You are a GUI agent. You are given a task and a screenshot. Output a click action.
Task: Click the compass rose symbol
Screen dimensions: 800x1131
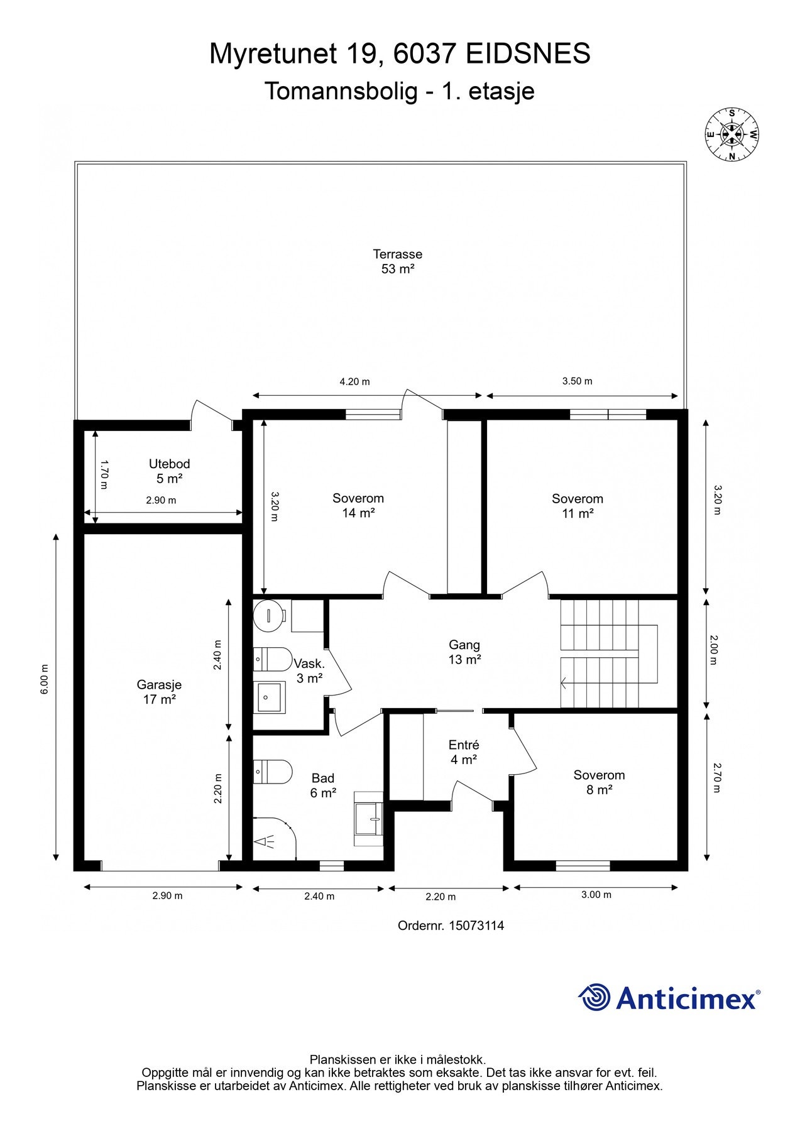[x=731, y=134]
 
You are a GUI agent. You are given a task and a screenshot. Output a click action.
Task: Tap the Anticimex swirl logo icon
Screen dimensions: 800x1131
[x=594, y=997]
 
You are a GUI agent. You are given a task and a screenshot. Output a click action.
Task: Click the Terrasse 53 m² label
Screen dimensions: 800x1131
[x=397, y=261]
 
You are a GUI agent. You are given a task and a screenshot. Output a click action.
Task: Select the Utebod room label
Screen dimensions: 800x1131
[x=169, y=471]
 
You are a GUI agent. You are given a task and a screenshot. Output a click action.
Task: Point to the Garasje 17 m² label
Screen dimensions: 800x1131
[x=159, y=692]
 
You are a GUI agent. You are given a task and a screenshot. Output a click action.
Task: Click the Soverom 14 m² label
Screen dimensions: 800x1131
[x=358, y=506]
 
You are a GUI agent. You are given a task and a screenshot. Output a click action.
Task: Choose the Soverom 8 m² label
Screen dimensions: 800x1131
[x=599, y=782]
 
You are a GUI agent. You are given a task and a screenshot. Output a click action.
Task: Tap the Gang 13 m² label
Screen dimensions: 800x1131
[x=464, y=652]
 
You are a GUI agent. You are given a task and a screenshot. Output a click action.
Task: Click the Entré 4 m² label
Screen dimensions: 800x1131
[x=464, y=752]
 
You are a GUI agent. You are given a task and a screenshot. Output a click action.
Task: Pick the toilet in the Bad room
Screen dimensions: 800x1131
[x=273, y=772]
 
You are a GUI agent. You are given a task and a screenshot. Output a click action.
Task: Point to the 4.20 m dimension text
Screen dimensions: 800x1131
[x=354, y=381]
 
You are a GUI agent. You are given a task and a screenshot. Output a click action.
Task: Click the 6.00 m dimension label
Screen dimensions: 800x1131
[x=44, y=679]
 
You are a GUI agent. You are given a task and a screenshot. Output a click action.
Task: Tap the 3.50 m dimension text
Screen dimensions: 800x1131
[x=577, y=381]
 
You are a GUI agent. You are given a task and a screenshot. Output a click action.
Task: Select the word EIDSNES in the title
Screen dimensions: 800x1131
[x=528, y=54]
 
